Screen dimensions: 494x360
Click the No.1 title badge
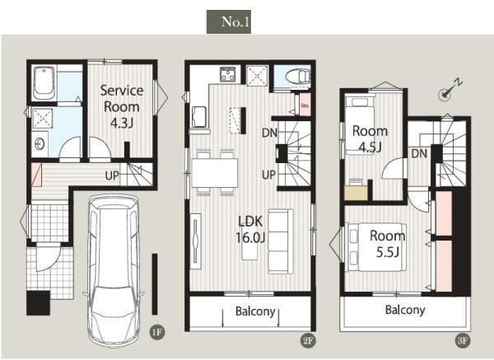229,21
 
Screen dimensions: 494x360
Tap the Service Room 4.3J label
122,106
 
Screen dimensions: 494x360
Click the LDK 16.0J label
250,230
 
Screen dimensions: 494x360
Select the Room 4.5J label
370,138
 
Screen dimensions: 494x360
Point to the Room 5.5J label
387,244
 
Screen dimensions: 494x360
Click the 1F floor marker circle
157,332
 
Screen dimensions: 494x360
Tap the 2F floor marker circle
308,340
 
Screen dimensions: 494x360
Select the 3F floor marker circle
463,340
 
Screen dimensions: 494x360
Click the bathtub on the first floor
44,83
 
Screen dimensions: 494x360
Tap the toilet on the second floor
297,77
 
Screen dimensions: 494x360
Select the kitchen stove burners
228,74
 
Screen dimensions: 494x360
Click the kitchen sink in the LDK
199,117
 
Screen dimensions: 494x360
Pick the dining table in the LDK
215,173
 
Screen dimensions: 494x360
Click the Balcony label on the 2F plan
255,311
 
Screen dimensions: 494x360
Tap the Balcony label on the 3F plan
405,310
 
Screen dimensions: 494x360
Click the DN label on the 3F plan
419,153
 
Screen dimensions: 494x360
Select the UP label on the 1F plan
112,175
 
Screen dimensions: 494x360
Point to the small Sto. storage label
305,105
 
